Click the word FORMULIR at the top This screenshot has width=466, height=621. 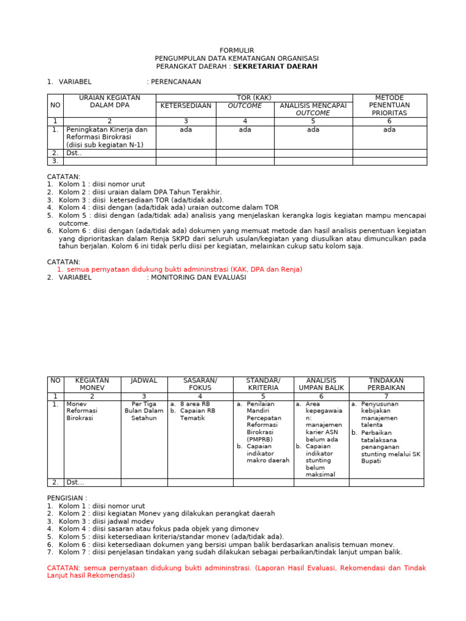[237, 50]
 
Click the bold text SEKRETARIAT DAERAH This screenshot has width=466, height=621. [275, 66]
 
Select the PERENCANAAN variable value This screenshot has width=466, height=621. [175, 82]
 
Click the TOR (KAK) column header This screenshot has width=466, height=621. [254, 98]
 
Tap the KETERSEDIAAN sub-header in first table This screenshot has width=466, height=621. [186, 106]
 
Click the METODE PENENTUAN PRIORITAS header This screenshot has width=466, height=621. [389, 106]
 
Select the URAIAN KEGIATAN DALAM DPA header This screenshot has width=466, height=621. [110, 101]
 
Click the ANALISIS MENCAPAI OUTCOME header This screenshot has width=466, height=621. [313, 109]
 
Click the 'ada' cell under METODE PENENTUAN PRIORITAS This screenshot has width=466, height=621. [389, 130]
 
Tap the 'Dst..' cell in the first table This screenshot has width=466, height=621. [74, 153]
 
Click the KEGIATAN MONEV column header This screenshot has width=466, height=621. [92, 384]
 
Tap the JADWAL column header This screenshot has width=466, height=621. [144, 380]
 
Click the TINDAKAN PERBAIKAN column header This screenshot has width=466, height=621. [386, 384]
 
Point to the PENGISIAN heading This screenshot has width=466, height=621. [67, 497]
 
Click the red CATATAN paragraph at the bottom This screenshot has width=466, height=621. [237, 572]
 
